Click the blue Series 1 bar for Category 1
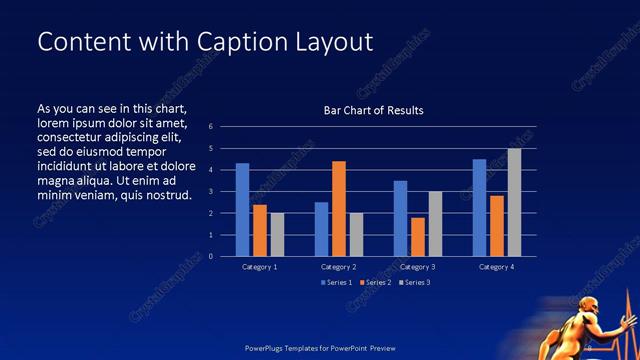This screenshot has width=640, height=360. [x=242, y=210]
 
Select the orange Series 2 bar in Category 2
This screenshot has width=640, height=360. [x=338, y=208]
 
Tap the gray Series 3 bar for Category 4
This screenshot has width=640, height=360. [x=514, y=202]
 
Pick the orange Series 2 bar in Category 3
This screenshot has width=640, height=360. [x=418, y=237]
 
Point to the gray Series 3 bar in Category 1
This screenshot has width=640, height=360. [x=277, y=234]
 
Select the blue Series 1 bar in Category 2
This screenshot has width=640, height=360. [x=321, y=229]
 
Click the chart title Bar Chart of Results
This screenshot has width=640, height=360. [x=373, y=110]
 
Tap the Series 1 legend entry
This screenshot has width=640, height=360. [x=334, y=283]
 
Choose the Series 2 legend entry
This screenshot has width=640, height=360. [x=373, y=283]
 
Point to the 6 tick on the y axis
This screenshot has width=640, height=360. [x=211, y=127]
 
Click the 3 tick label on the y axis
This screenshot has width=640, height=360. [x=211, y=192]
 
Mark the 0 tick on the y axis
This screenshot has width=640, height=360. [x=211, y=256]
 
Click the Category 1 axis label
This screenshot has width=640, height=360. [x=260, y=267]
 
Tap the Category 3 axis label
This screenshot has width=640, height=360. [x=418, y=267]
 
